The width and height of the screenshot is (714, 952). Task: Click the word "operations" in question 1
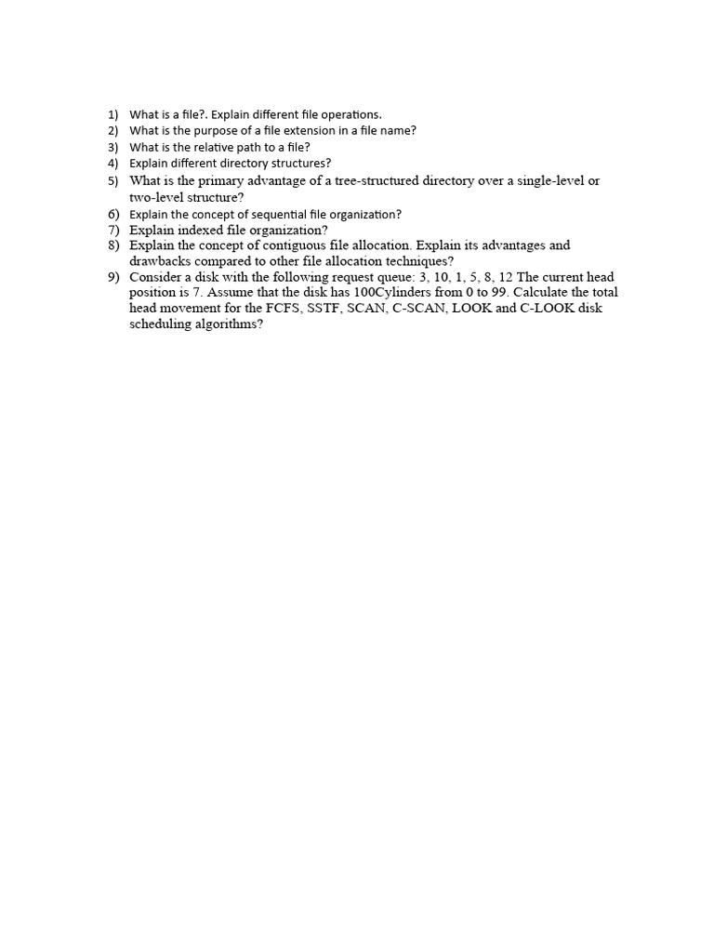click(x=350, y=114)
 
